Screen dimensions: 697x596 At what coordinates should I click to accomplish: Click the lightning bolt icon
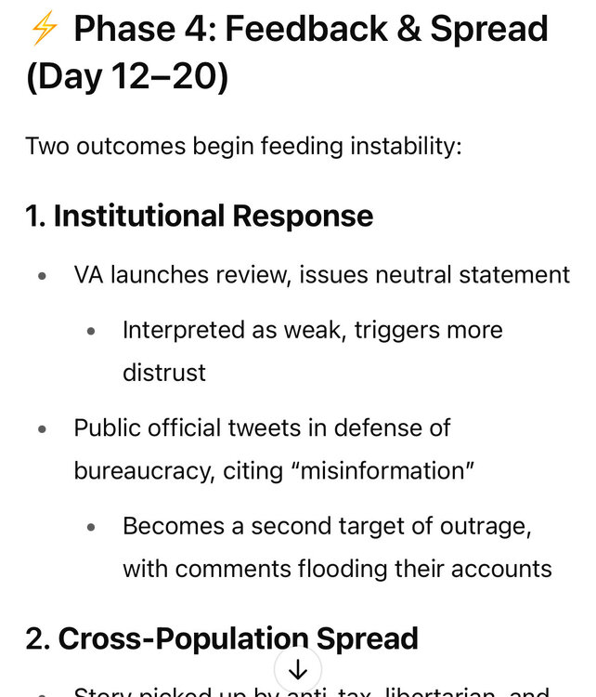(x=44, y=30)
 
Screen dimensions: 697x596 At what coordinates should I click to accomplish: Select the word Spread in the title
(x=492, y=30)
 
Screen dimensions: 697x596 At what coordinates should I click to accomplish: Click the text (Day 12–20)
(x=127, y=76)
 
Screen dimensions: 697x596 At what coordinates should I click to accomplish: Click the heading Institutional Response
(x=199, y=216)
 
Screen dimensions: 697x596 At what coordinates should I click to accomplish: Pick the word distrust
(x=164, y=373)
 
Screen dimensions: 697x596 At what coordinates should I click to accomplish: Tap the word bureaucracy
(x=143, y=470)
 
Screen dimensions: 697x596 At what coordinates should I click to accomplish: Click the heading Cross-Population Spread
(x=222, y=638)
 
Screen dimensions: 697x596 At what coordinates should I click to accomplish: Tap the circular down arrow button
(x=298, y=670)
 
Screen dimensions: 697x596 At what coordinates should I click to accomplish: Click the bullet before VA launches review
(x=42, y=276)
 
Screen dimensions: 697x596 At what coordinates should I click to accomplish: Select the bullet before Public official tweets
(x=42, y=428)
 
